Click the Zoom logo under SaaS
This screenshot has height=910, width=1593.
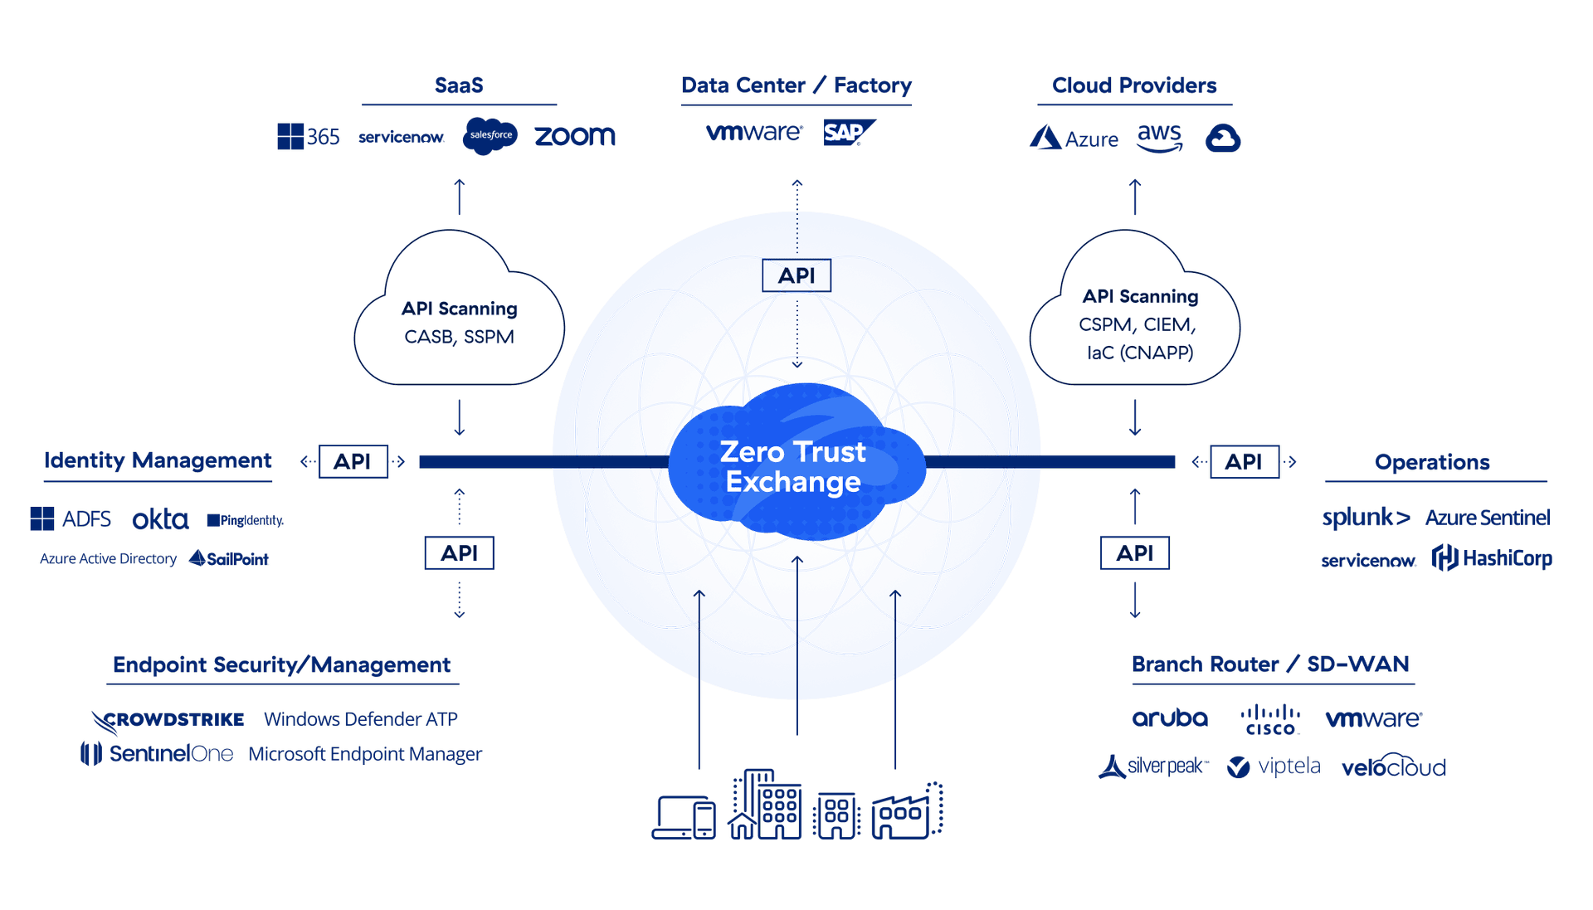pos(574,136)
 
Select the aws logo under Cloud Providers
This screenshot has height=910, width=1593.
pos(1159,138)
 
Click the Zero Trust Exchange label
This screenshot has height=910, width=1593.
pos(793,467)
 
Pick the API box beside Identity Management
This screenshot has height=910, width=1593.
pos(353,462)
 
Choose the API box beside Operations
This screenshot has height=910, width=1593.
pos(1244,462)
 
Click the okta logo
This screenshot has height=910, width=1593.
pos(160,520)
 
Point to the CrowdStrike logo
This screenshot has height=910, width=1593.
pos(168,720)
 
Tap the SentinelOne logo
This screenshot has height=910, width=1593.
pos(158,754)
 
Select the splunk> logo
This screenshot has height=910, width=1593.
pos(1366,518)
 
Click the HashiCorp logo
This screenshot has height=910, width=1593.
pos(1492,558)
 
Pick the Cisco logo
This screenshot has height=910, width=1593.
pos(1270,720)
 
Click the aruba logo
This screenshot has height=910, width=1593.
pos(1170,718)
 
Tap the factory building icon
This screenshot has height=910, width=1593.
pos(907,811)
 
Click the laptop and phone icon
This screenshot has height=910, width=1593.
pos(684,817)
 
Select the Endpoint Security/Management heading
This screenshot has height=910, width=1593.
pos(281,665)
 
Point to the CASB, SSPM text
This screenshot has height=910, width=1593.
pos(459,338)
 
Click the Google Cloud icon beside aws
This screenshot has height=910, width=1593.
pos(1222,138)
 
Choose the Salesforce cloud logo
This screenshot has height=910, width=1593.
pos(490,135)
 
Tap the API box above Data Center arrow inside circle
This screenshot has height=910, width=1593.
pos(796,276)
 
